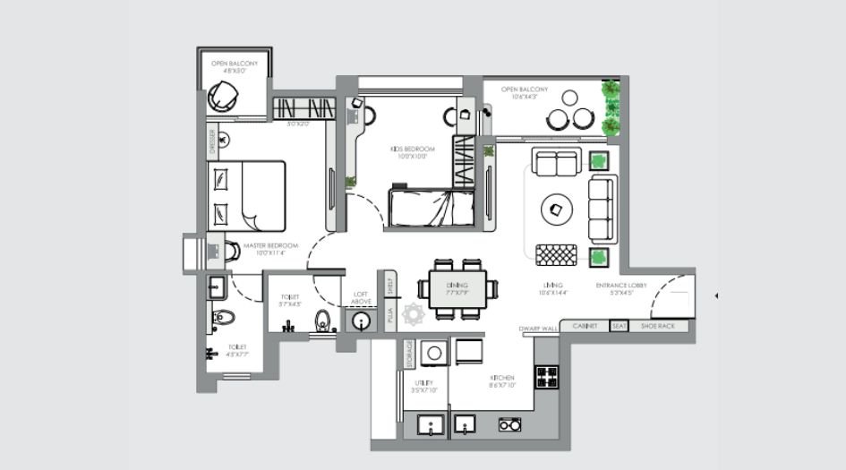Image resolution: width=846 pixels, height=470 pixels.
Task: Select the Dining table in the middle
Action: coord(457,288)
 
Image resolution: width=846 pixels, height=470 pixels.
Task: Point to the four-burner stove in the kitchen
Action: coord(546,376)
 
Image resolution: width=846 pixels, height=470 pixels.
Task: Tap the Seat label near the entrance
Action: coord(619,327)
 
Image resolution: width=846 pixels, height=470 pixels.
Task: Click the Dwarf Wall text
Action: coord(538,329)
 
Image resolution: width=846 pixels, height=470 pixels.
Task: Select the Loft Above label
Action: coord(361,298)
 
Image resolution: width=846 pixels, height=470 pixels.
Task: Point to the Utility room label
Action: coord(423,385)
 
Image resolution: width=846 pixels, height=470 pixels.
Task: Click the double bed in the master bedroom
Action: coord(246,196)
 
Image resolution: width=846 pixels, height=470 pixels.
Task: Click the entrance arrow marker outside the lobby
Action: coord(715,295)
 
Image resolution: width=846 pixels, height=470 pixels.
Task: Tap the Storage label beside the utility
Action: coord(410,353)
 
